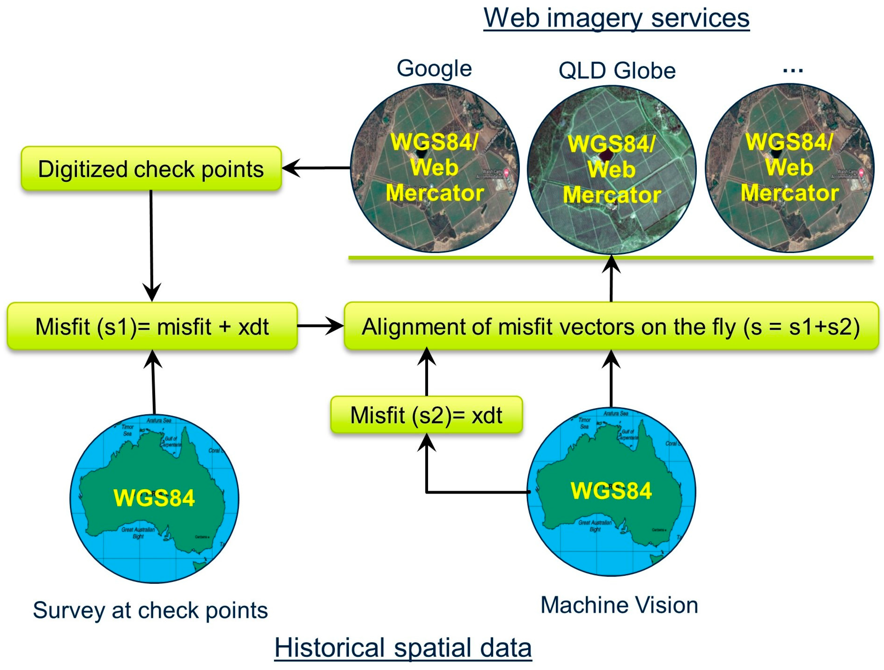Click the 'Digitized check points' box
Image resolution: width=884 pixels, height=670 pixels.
[x=151, y=169]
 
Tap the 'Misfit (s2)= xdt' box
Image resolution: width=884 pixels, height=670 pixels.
[x=426, y=415]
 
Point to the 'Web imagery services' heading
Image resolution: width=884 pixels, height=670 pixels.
[x=616, y=18]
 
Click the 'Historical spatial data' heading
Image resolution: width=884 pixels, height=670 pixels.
[x=403, y=647]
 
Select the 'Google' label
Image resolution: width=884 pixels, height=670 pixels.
[x=434, y=68]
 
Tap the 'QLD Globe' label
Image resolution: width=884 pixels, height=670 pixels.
[x=617, y=71]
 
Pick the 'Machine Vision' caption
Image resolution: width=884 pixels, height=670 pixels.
[x=619, y=605]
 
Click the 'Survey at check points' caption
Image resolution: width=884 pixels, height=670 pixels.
[x=150, y=610]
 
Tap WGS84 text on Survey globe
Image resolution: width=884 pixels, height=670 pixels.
[x=154, y=498]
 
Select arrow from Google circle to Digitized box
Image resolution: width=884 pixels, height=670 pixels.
[x=316, y=168]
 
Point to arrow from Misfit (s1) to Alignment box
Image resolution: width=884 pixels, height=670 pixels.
[x=320, y=326]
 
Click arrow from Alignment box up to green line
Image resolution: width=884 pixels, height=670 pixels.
[x=611, y=280]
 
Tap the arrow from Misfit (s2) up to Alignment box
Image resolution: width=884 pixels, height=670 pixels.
[x=426, y=372]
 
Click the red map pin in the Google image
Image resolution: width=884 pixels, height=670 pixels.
[x=506, y=173]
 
